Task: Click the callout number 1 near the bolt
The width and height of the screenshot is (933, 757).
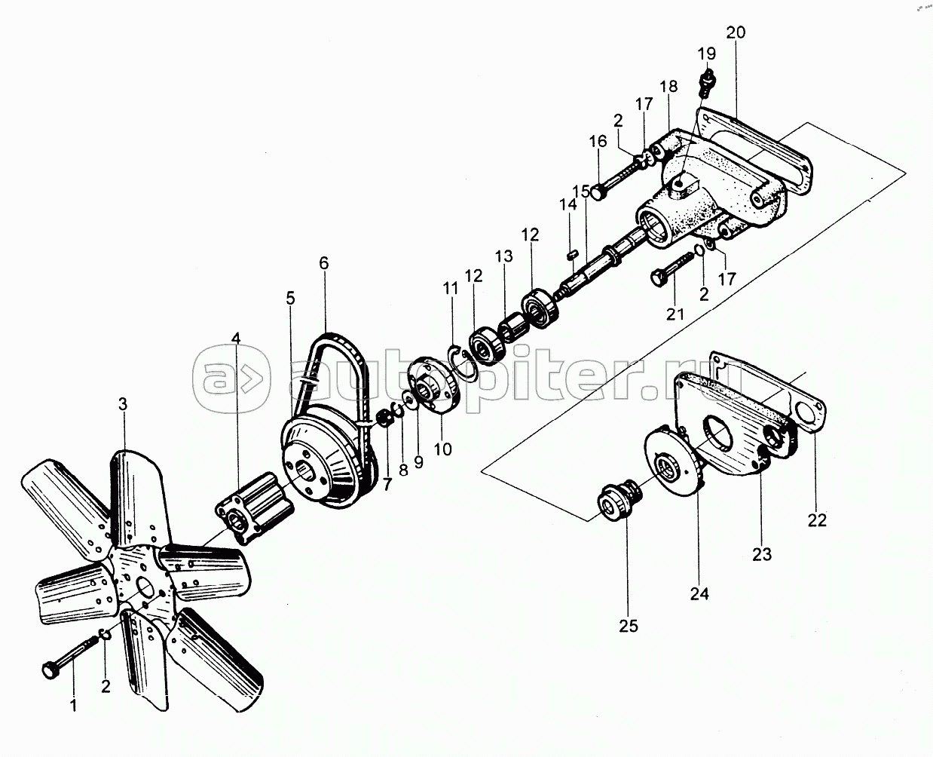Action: click(73, 707)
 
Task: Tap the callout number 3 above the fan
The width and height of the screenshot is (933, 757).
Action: click(123, 404)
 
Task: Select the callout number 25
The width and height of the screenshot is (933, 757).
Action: click(629, 626)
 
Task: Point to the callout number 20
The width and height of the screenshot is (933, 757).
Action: click(736, 32)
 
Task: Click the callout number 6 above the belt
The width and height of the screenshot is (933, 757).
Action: click(323, 263)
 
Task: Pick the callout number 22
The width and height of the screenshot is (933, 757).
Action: click(817, 520)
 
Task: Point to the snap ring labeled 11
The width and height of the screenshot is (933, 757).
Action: click(460, 360)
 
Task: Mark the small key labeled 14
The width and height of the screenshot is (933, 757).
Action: click(571, 253)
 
